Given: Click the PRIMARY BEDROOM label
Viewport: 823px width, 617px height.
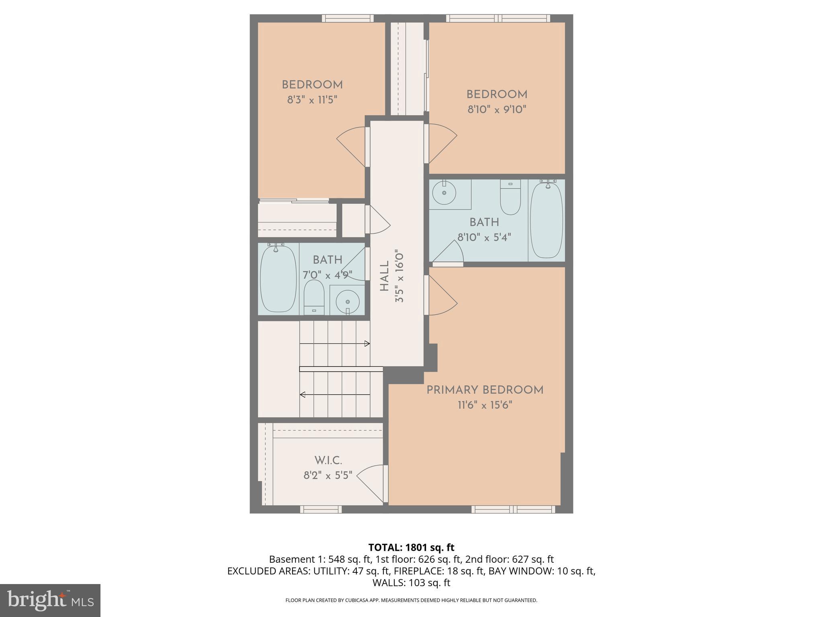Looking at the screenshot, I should coord(485,390).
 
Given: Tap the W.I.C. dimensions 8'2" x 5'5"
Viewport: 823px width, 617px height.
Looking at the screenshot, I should coord(328,476).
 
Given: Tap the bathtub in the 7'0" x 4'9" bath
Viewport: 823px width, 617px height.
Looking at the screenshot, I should coord(278,279).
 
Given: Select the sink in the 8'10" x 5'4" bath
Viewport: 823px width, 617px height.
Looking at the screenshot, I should coord(444,193).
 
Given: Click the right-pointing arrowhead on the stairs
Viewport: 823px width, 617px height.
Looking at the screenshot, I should coord(367,343).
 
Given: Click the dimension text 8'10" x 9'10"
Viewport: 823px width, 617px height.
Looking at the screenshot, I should coord(497,109).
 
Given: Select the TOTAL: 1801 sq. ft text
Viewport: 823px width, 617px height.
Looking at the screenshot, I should coord(411,548).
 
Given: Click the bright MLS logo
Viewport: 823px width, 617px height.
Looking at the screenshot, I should coord(50,600).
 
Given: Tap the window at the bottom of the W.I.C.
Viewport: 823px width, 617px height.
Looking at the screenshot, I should coord(321,509).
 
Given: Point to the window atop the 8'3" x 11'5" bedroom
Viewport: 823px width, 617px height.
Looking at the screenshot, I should coord(348,18).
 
